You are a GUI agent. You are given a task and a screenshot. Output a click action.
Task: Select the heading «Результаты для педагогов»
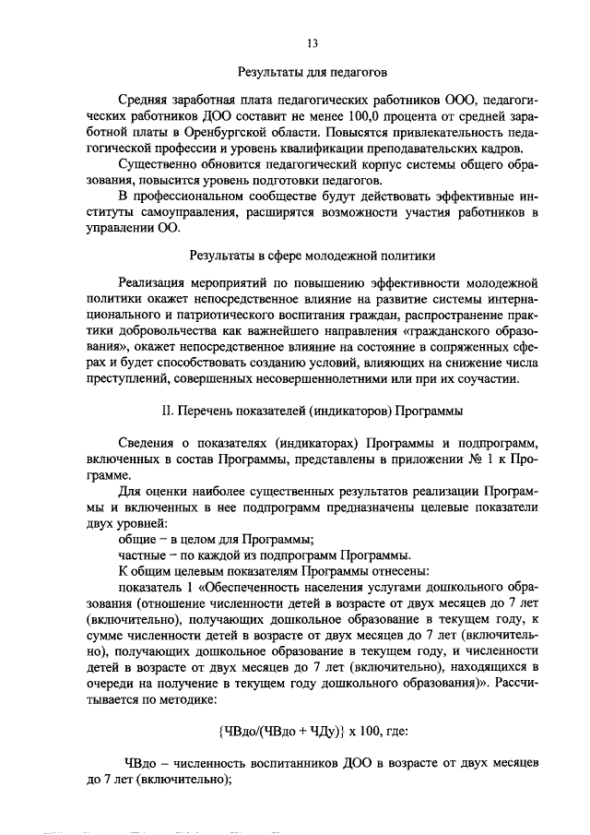point(312,71)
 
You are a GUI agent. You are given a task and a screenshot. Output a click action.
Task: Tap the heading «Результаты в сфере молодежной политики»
point(312,254)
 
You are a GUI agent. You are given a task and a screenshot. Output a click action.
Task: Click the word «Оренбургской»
point(211,133)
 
